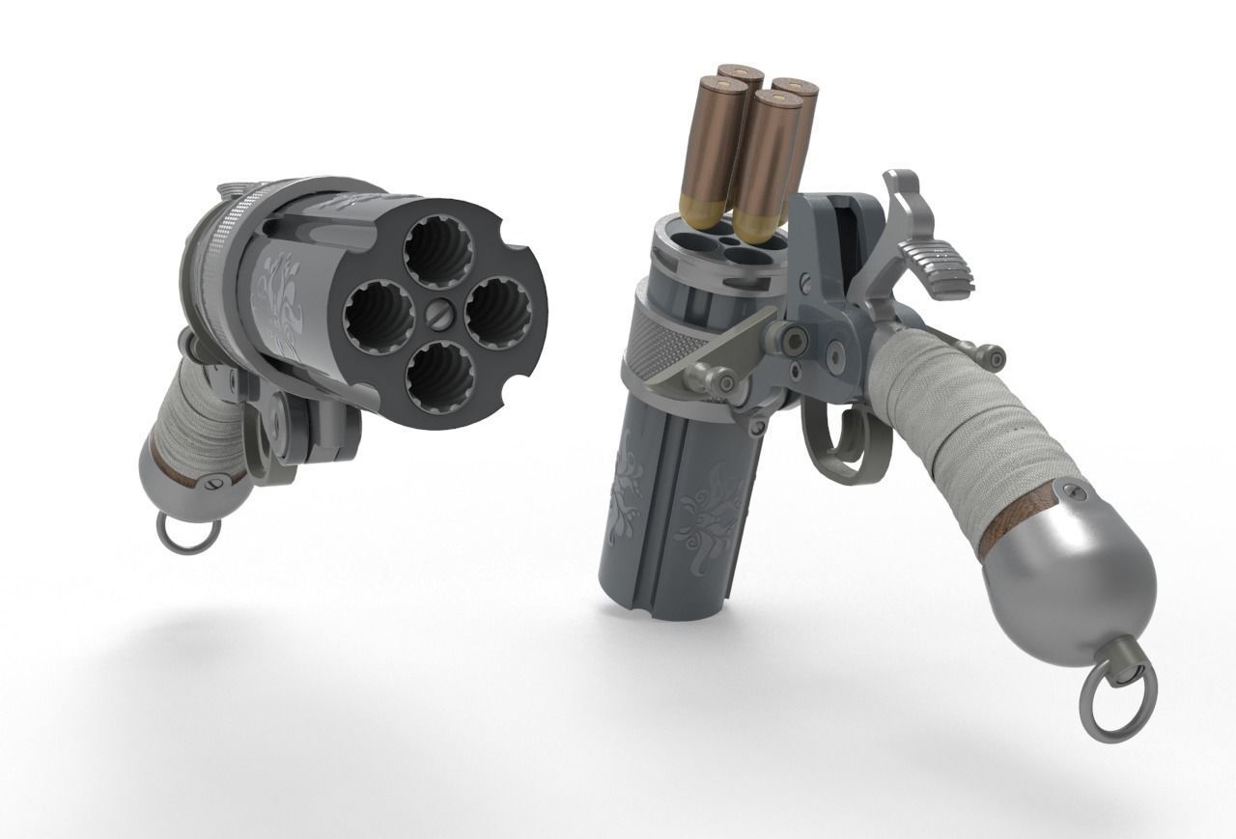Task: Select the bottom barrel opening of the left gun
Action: tap(440, 378)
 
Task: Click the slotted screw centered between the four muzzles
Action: tap(439, 315)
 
